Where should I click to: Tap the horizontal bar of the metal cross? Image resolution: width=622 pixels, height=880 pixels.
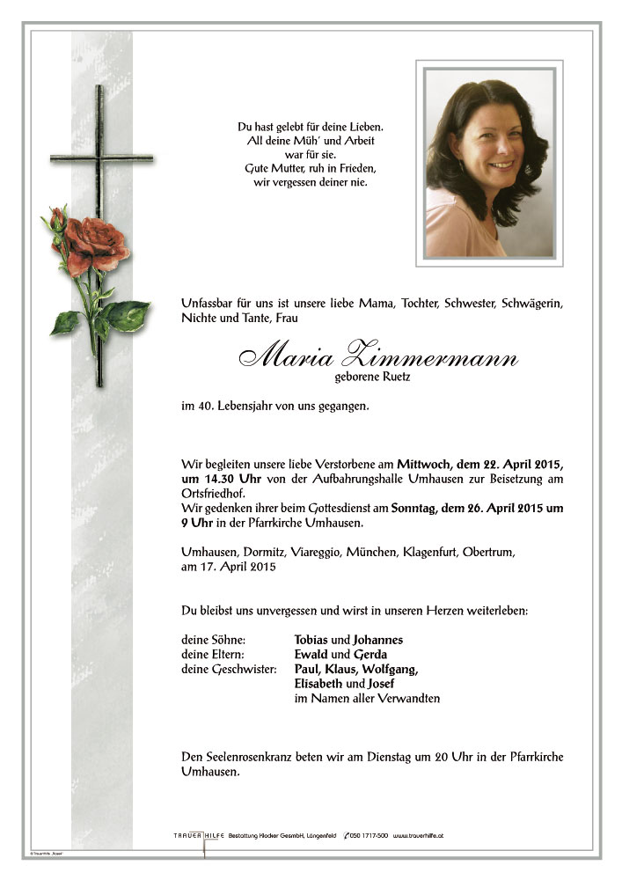pos(99,160)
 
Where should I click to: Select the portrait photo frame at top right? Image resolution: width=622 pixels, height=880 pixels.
pos(489,165)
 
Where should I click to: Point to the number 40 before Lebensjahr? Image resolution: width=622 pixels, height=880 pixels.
pos(199,407)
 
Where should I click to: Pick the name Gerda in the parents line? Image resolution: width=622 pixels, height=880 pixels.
pos(370,655)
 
